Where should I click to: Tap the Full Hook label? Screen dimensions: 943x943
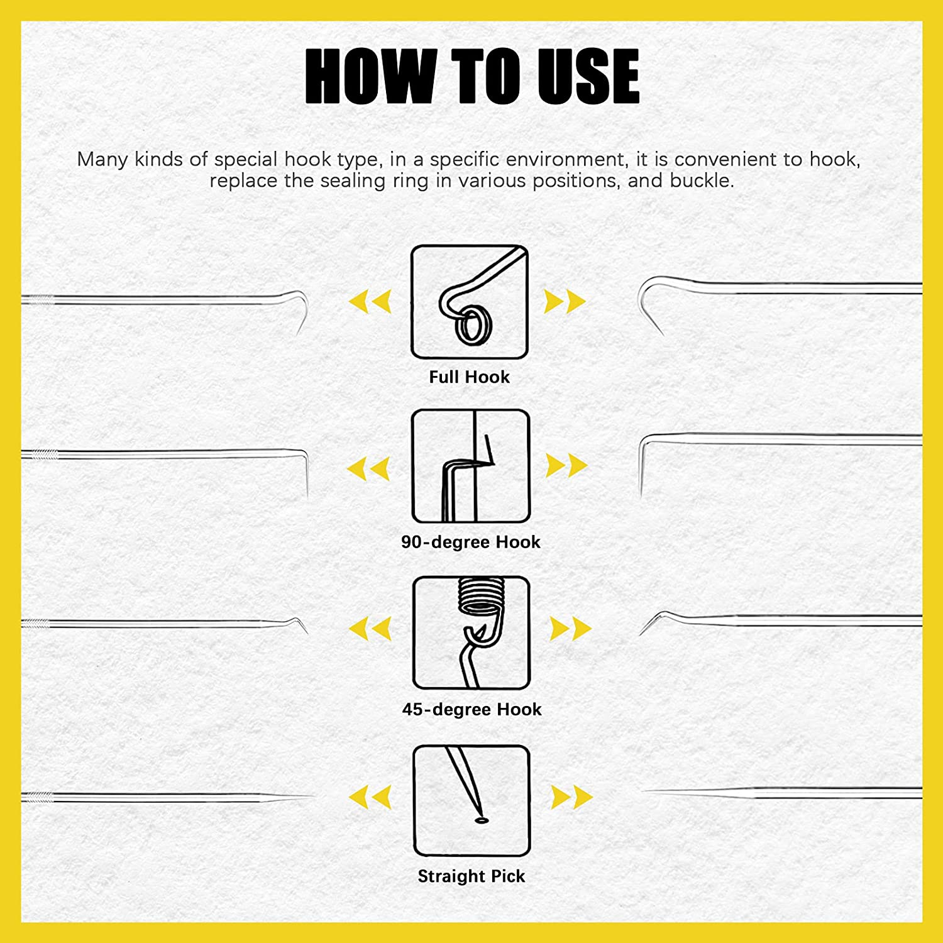(x=469, y=377)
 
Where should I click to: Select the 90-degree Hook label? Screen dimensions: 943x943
(x=470, y=542)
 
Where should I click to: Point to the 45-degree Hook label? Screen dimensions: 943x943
(x=472, y=709)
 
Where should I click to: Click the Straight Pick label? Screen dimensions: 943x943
(x=471, y=876)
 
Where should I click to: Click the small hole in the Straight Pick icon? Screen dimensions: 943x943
(x=481, y=820)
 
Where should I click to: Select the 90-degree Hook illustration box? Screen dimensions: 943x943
(x=470, y=466)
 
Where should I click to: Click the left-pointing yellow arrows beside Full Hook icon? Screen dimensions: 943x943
(x=370, y=301)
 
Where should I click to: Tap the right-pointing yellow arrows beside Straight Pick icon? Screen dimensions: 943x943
(x=571, y=797)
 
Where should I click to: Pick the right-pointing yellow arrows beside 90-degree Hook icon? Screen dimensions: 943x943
(x=566, y=465)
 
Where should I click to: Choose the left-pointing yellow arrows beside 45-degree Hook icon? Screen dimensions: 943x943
(x=370, y=629)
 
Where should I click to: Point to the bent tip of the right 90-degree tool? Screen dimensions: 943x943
(x=641, y=465)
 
